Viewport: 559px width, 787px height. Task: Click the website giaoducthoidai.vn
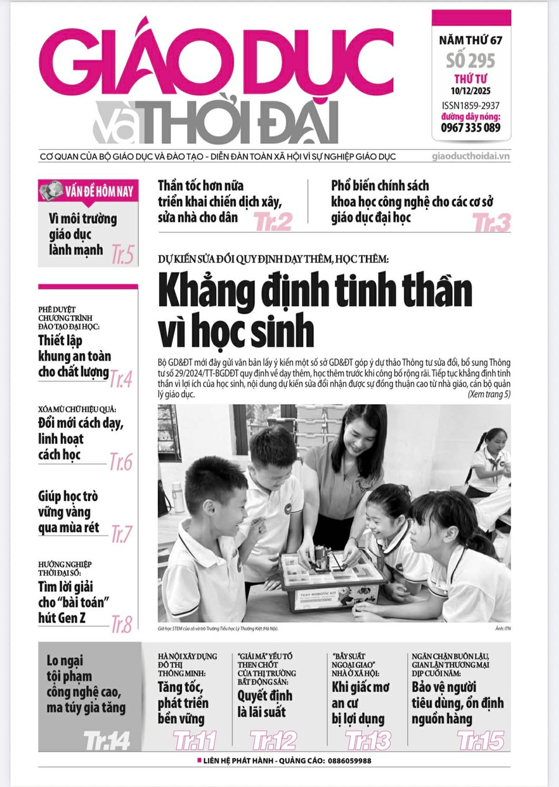pyautogui.click(x=470, y=157)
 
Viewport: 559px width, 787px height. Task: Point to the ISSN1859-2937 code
pyautogui.click(x=471, y=105)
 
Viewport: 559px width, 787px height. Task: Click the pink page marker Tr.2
pyautogui.click(x=273, y=221)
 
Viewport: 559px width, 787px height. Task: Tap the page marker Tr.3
pyautogui.click(x=491, y=222)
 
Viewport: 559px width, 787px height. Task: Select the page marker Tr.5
pyautogui.click(x=122, y=255)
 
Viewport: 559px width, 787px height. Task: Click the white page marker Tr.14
pyautogui.click(x=107, y=740)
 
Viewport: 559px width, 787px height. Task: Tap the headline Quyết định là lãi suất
pyautogui.click(x=265, y=704)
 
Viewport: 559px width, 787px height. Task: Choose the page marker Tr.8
pyautogui.click(x=121, y=624)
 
